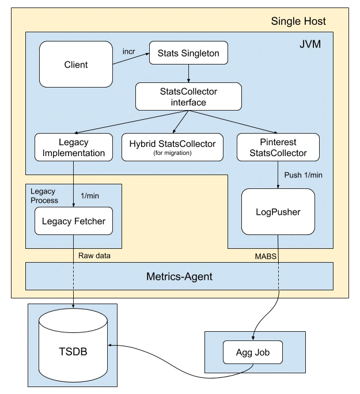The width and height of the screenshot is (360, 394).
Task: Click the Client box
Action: point(76,65)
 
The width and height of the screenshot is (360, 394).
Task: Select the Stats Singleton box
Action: point(188,54)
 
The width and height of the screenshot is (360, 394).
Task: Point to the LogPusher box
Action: point(278,211)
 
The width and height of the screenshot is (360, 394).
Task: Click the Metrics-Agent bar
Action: point(179,276)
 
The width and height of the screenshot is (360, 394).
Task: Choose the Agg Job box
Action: point(253,351)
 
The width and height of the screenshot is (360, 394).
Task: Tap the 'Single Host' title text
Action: point(298,22)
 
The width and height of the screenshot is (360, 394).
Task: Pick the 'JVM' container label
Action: point(311,44)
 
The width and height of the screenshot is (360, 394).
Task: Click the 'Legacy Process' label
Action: point(44,195)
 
